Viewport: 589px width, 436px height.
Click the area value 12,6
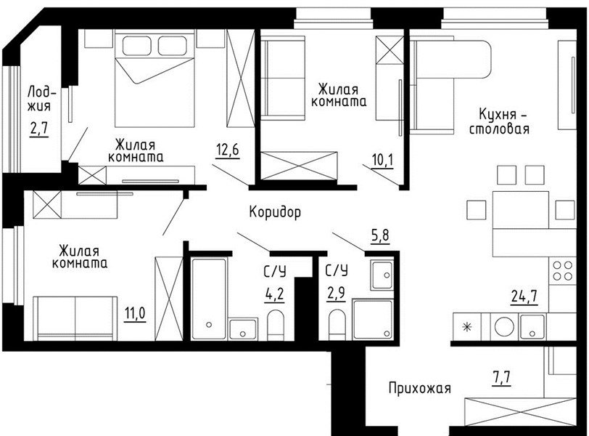click(227, 150)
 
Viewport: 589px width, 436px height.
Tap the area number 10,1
click(383, 161)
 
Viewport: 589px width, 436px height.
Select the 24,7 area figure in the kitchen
click(524, 296)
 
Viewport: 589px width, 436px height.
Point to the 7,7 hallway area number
click(501, 377)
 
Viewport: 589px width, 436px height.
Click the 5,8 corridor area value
click(380, 236)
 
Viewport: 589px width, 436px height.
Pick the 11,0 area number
click(135, 314)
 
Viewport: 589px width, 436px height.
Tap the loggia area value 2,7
click(39, 129)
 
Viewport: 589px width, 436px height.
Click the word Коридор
click(275, 212)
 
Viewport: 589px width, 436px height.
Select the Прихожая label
click(419, 388)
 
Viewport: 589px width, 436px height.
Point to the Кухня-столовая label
click(500, 121)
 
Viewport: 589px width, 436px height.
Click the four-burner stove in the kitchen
click(562, 271)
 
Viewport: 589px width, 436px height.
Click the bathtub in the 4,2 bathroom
click(209, 299)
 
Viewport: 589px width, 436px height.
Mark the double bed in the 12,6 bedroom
click(155, 80)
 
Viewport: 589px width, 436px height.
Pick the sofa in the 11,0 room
click(75, 318)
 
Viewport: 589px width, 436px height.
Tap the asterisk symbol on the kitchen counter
click(467, 327)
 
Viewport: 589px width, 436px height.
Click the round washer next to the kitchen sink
click(504, 326)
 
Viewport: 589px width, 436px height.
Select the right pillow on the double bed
click(172, 46)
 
